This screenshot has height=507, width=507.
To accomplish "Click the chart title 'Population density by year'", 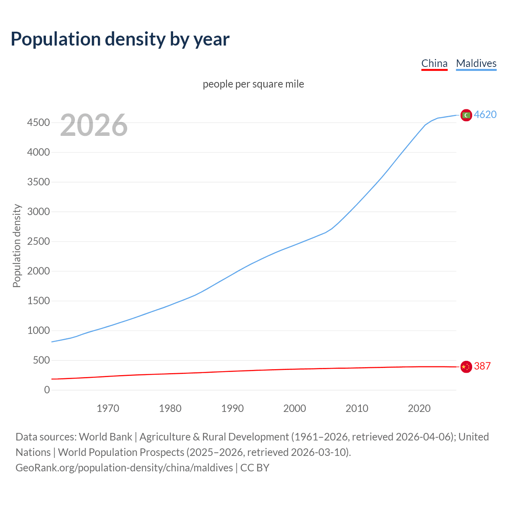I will click(120, 39).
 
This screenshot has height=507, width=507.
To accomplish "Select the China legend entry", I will click(434, 63).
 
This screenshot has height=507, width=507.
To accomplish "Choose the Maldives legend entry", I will click(476, 63).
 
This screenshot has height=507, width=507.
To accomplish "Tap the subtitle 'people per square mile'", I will click(253, 84).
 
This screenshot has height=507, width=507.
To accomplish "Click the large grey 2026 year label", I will click(94, 125).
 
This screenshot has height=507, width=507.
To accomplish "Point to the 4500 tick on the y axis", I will click(38, 123).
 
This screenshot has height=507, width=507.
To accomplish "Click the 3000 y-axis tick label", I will click(38, 212).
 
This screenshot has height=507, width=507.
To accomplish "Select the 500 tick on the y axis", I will click(41, 360).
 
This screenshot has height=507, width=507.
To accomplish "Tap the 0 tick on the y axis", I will click(47, 390).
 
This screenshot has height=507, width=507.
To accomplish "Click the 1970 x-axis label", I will click(108, 408).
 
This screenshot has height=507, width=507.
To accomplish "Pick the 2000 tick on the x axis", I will click(294, 408).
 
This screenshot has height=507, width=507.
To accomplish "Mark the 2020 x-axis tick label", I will click(419, 408).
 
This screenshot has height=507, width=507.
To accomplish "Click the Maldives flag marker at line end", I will click(466, 115).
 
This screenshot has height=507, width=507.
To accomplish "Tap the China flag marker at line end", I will click(466, 367).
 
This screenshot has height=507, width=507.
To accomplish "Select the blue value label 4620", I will click(485, 114).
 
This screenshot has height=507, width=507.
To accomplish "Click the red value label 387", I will click(482, 366).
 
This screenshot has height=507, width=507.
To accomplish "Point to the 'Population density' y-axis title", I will click(17, 246).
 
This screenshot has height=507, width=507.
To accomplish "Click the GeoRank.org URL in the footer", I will click(124, 468).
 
